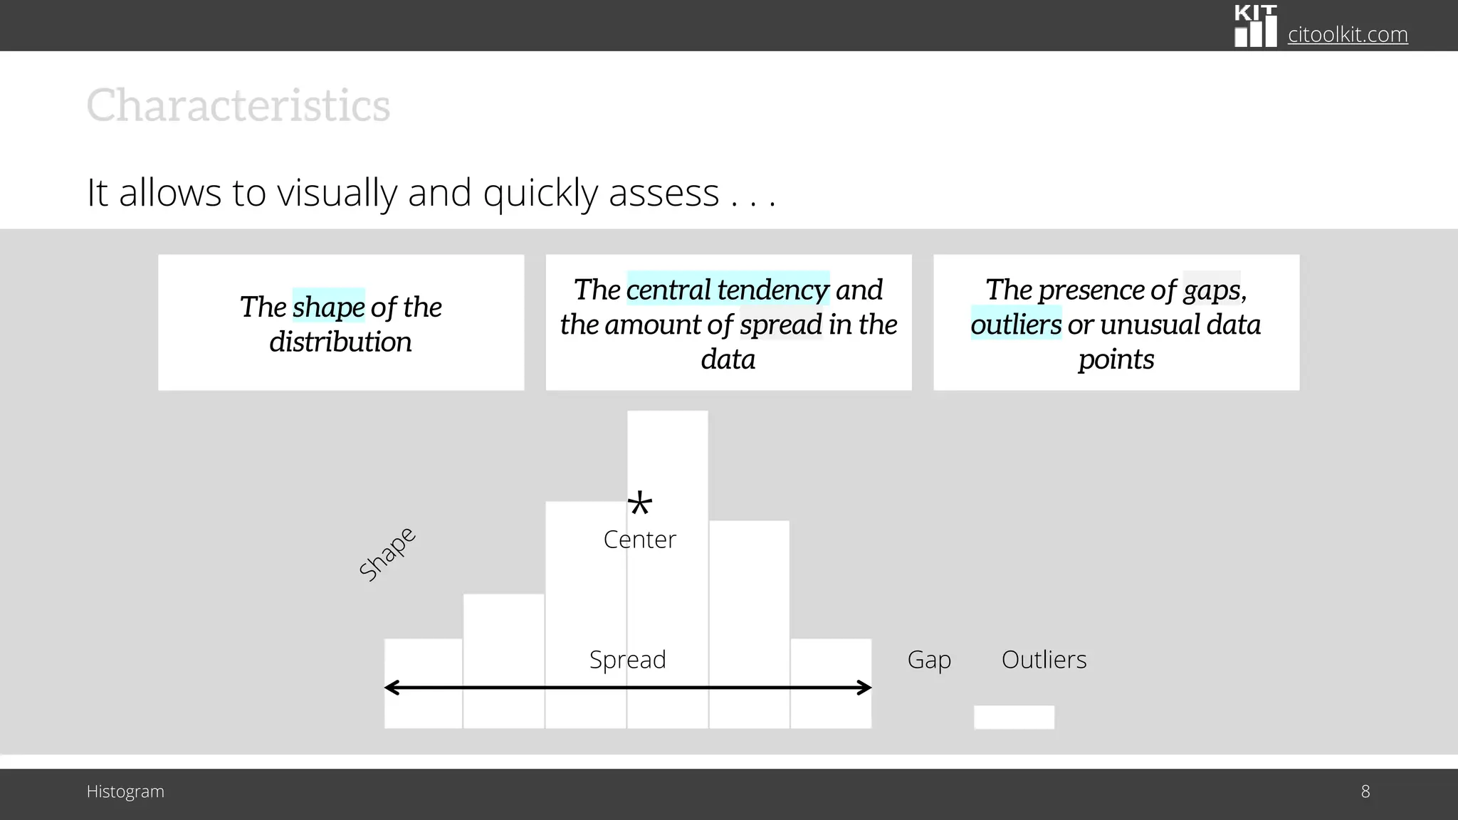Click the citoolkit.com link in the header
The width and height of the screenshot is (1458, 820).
[x=1347, y=34]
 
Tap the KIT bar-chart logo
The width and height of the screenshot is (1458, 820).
[x=1255, y=27]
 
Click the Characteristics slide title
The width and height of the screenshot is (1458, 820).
[x=238, y=106]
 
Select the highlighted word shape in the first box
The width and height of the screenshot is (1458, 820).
[x=328, y=307]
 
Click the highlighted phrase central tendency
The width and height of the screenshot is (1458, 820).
[x=728, y=290]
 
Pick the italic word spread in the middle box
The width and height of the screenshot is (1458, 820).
[x=781, y=325]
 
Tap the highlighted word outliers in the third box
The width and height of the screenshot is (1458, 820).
[x=1016, y=325]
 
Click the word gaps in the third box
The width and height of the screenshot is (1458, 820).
[x=1212, y=290]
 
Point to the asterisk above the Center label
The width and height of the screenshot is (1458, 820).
[x=639, y=505]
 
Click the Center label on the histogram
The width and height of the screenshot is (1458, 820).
[x=639, y=540]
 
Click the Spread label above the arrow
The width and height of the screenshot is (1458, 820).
[x=627, y=659]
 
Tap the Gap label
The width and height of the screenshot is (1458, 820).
[x=929, y=659]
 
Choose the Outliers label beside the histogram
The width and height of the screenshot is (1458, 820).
[x=1044, y=659]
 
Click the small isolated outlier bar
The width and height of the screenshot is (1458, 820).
[x=1014, y=717]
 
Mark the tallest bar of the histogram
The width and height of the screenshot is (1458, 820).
[x=667, y=456]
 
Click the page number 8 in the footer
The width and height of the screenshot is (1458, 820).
[x=1365, y=792]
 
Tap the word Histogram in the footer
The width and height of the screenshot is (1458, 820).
[x=125, y=792]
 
